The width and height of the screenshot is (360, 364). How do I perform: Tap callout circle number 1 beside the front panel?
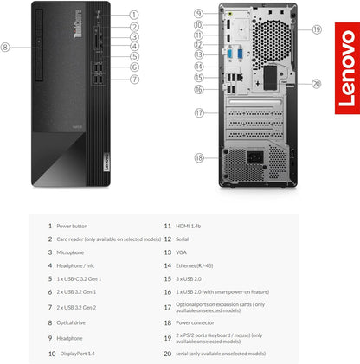(134, 15)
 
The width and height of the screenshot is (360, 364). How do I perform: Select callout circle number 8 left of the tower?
(8, 47)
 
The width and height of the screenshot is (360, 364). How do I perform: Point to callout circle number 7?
(134, 79)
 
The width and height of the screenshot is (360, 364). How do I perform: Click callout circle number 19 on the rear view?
(317, 29)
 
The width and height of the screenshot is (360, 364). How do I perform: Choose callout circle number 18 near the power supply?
(199, 157)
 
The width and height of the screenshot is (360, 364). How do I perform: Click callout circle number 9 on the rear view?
(199, 14)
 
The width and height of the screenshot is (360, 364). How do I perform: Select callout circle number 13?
(199, 54)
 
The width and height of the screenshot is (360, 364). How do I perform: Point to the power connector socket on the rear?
(256, 161)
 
